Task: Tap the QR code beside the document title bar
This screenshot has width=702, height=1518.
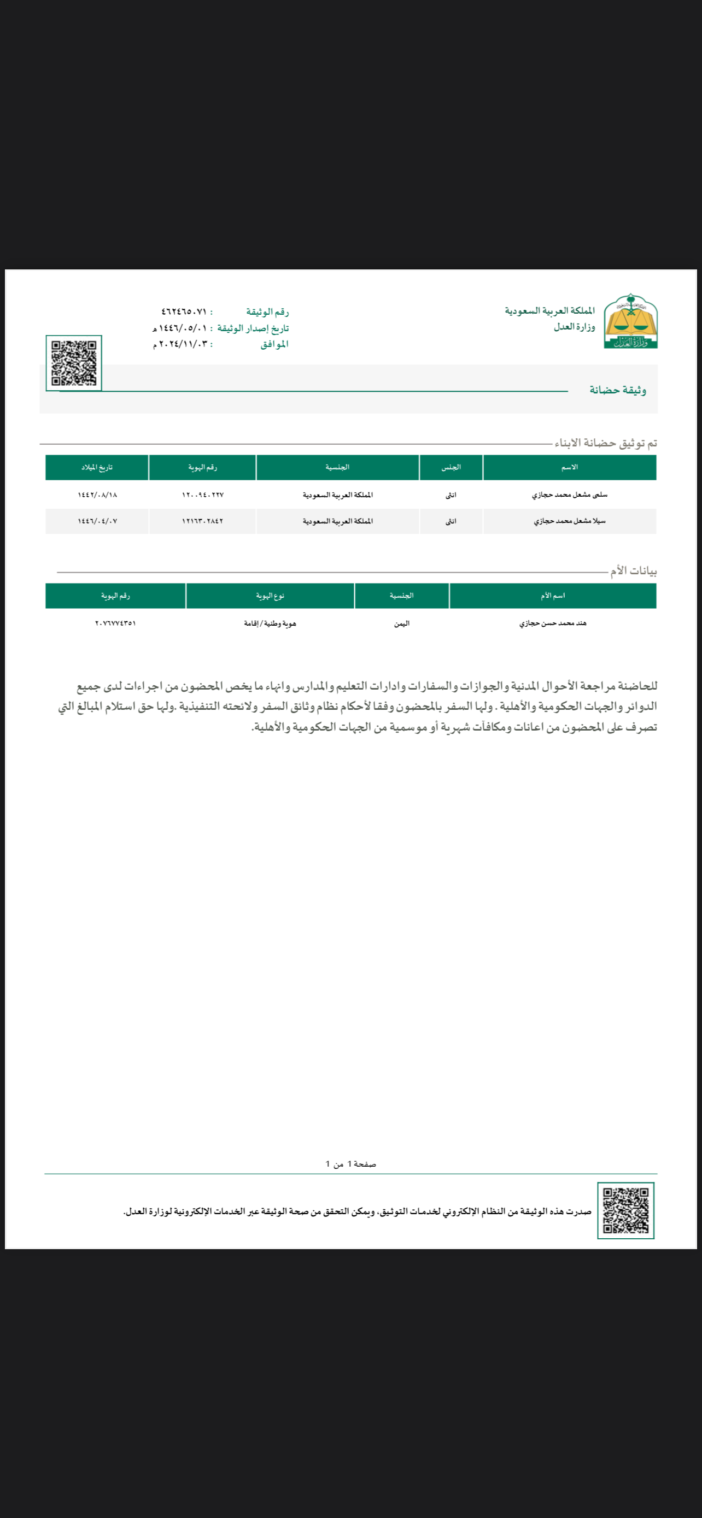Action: coord(74,362)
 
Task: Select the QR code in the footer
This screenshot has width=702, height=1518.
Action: coord(625,1210)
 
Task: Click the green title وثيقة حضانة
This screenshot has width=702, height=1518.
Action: coord(617,390)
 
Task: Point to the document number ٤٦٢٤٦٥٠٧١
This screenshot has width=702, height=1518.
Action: coord(184,311)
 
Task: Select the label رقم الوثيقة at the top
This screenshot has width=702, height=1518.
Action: coord(267,311)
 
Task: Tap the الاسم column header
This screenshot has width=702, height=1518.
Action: coord(569,467)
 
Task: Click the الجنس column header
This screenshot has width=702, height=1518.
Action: coord(451,467)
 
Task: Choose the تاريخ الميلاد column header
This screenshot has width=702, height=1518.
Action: coord(97,467)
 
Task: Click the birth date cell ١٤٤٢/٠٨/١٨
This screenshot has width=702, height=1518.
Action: coord(97,495)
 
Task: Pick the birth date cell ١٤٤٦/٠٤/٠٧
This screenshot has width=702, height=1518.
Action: coord(97,521)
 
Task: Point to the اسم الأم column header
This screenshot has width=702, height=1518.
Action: coord(552,596)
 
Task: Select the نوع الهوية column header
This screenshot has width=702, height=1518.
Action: coord(270,596)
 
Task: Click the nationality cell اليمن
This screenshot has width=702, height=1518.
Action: coord(401,623)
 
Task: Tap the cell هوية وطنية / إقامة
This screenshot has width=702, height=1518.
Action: coord(270,623)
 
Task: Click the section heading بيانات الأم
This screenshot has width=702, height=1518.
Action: coord(633,571)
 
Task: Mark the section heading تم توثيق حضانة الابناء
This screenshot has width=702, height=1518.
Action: coord(605,443)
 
